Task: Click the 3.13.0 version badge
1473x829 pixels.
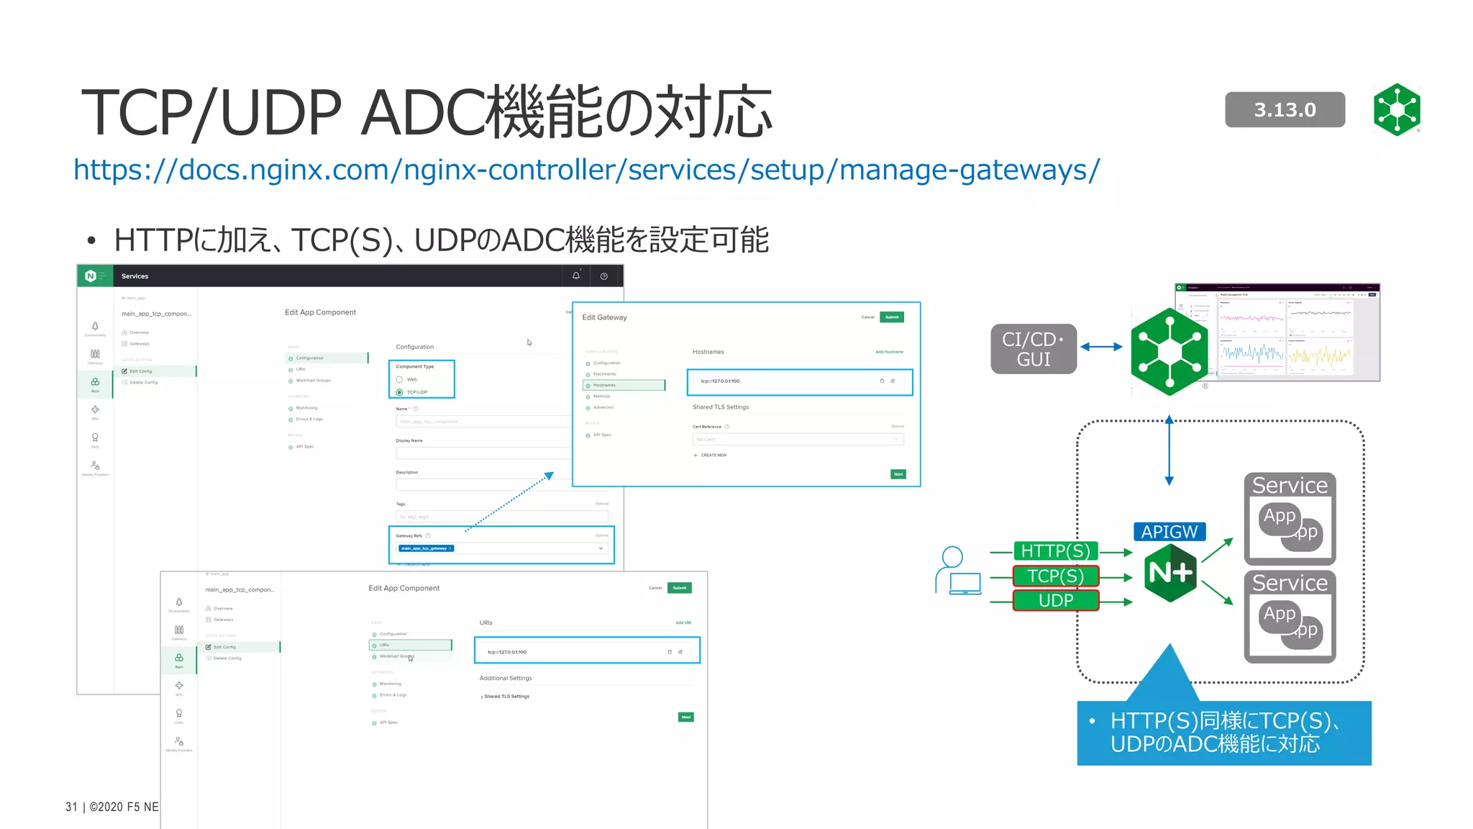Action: pos(1285,109)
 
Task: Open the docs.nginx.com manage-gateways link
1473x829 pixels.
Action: pos(586,170)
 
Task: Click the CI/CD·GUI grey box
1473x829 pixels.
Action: pos(1033,349)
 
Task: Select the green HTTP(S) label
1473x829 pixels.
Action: pos(1055,551)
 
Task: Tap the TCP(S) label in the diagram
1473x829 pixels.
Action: pos(1055,576)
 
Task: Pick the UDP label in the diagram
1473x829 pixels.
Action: pos(1055,600)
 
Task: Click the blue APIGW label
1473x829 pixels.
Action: pos(1169,532)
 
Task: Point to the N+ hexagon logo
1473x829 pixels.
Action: pos(1170,573)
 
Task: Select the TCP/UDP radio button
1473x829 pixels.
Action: pos(400,392)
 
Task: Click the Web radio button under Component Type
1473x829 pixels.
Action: pos(400,379)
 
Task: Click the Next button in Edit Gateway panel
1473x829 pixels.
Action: pos(898,474)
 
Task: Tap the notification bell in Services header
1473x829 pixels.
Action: pos(576,276)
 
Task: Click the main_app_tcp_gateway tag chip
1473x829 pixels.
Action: pos(426,548)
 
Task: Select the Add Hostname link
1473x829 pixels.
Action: pos(889,352)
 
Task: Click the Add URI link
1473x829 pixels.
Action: pos(683,622)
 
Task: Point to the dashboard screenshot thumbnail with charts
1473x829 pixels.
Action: pos(1277,332)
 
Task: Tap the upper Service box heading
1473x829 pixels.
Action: pos(1290,486)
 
